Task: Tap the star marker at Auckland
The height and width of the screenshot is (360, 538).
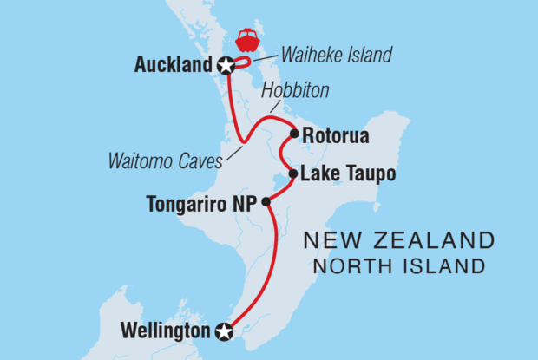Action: [x=226, y=65]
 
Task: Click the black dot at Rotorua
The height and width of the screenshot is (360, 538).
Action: [x=295, y=134]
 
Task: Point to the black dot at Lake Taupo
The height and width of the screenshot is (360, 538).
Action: [x=293, y=173]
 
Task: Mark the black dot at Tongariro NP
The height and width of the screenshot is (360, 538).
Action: [x=266, y=201]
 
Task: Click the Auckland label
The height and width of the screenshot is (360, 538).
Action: [x=173, y=65]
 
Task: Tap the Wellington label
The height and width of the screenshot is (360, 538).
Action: [x=167, y=331]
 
